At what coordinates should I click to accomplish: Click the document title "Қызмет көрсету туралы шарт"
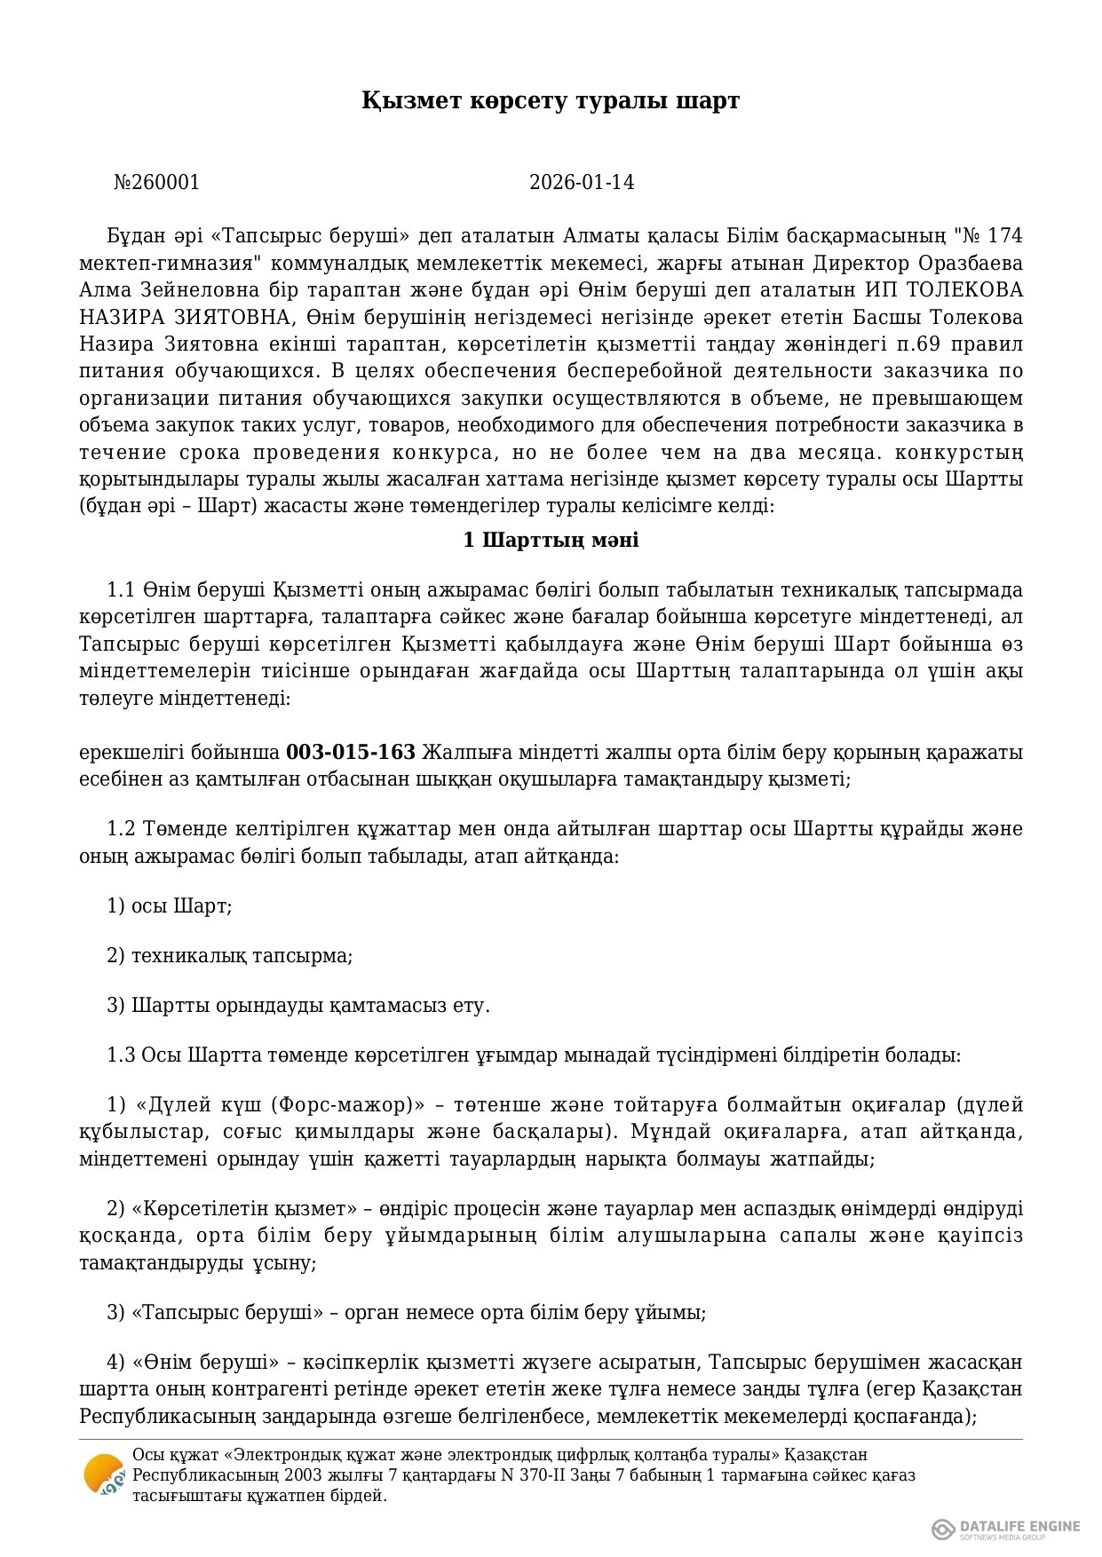[550, 101]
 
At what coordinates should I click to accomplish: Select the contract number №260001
[157, 183]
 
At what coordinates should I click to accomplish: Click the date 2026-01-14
[582, 183]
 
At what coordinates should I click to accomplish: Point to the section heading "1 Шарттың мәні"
[551, 540]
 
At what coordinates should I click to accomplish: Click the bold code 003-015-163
[351, 753]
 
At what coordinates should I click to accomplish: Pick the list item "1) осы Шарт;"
[170, 906]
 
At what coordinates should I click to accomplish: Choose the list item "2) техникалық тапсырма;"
[230, 956]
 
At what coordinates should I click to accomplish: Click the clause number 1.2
[122, 829]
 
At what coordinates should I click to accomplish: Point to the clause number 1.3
[122, 1055]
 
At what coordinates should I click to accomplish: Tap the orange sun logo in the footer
[104, 1476]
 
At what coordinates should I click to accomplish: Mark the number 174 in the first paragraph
[1004, 236]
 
